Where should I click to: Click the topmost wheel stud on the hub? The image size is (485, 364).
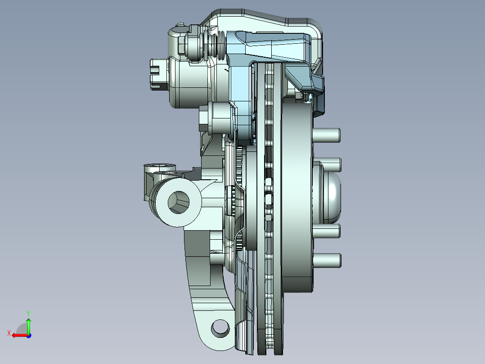[328, 135]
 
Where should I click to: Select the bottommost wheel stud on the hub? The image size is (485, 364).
[328, 260]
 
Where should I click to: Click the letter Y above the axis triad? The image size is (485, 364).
[28, 312]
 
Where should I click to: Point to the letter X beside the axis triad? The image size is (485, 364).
[9, 333]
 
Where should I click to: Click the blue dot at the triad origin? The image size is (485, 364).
[28, 335]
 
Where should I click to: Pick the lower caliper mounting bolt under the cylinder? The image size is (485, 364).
[215, 118]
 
